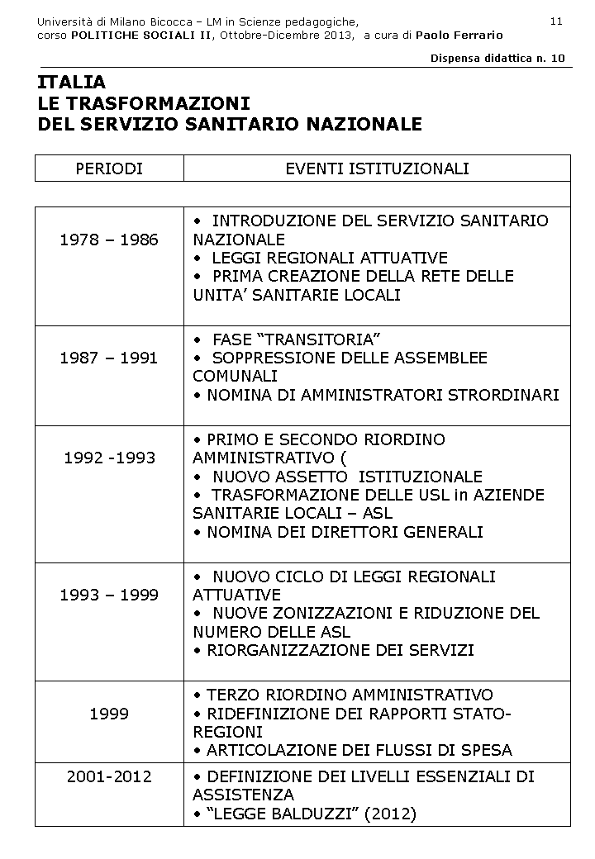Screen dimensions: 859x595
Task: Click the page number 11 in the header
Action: pos(555,21)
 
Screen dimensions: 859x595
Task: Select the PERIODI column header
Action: pos(109,169)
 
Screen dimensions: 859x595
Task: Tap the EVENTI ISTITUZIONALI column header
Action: pos(377,169)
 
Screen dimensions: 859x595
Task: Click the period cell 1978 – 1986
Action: pos(109,240)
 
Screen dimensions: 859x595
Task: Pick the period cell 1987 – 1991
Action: pos(109,358)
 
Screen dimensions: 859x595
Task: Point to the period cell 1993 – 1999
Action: pos(109,596)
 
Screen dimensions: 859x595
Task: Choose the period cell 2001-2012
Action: pos(109,777)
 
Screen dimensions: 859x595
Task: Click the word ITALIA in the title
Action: pos(72,83)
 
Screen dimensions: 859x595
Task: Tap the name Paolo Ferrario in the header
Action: pos(459,36)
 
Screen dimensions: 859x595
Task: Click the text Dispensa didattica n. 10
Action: pos(497,58)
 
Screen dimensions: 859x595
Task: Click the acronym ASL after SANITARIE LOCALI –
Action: pos(378,514)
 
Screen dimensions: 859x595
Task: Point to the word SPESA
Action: pos(488,751)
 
